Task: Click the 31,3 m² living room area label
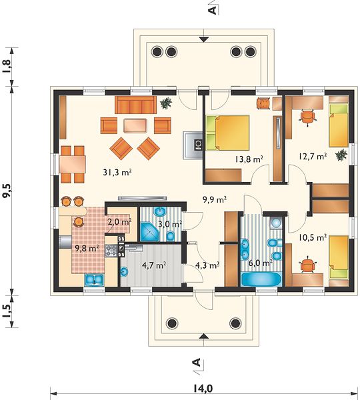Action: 117,173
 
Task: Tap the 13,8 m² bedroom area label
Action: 249,159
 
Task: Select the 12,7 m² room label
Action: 313,156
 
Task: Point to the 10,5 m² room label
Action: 313,237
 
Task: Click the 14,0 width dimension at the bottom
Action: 203,388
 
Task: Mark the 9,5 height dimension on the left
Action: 7,190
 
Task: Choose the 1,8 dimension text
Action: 7,66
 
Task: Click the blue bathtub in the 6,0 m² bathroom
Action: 261,279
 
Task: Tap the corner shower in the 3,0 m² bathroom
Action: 149,231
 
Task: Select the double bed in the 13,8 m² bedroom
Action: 227,133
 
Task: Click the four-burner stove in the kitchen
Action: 111,250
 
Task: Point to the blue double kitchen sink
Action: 94,279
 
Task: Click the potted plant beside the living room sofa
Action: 166,103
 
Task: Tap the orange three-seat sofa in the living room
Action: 135,105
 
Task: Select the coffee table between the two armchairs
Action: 135,125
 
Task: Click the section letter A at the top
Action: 213,10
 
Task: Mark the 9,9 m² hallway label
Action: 215,200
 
